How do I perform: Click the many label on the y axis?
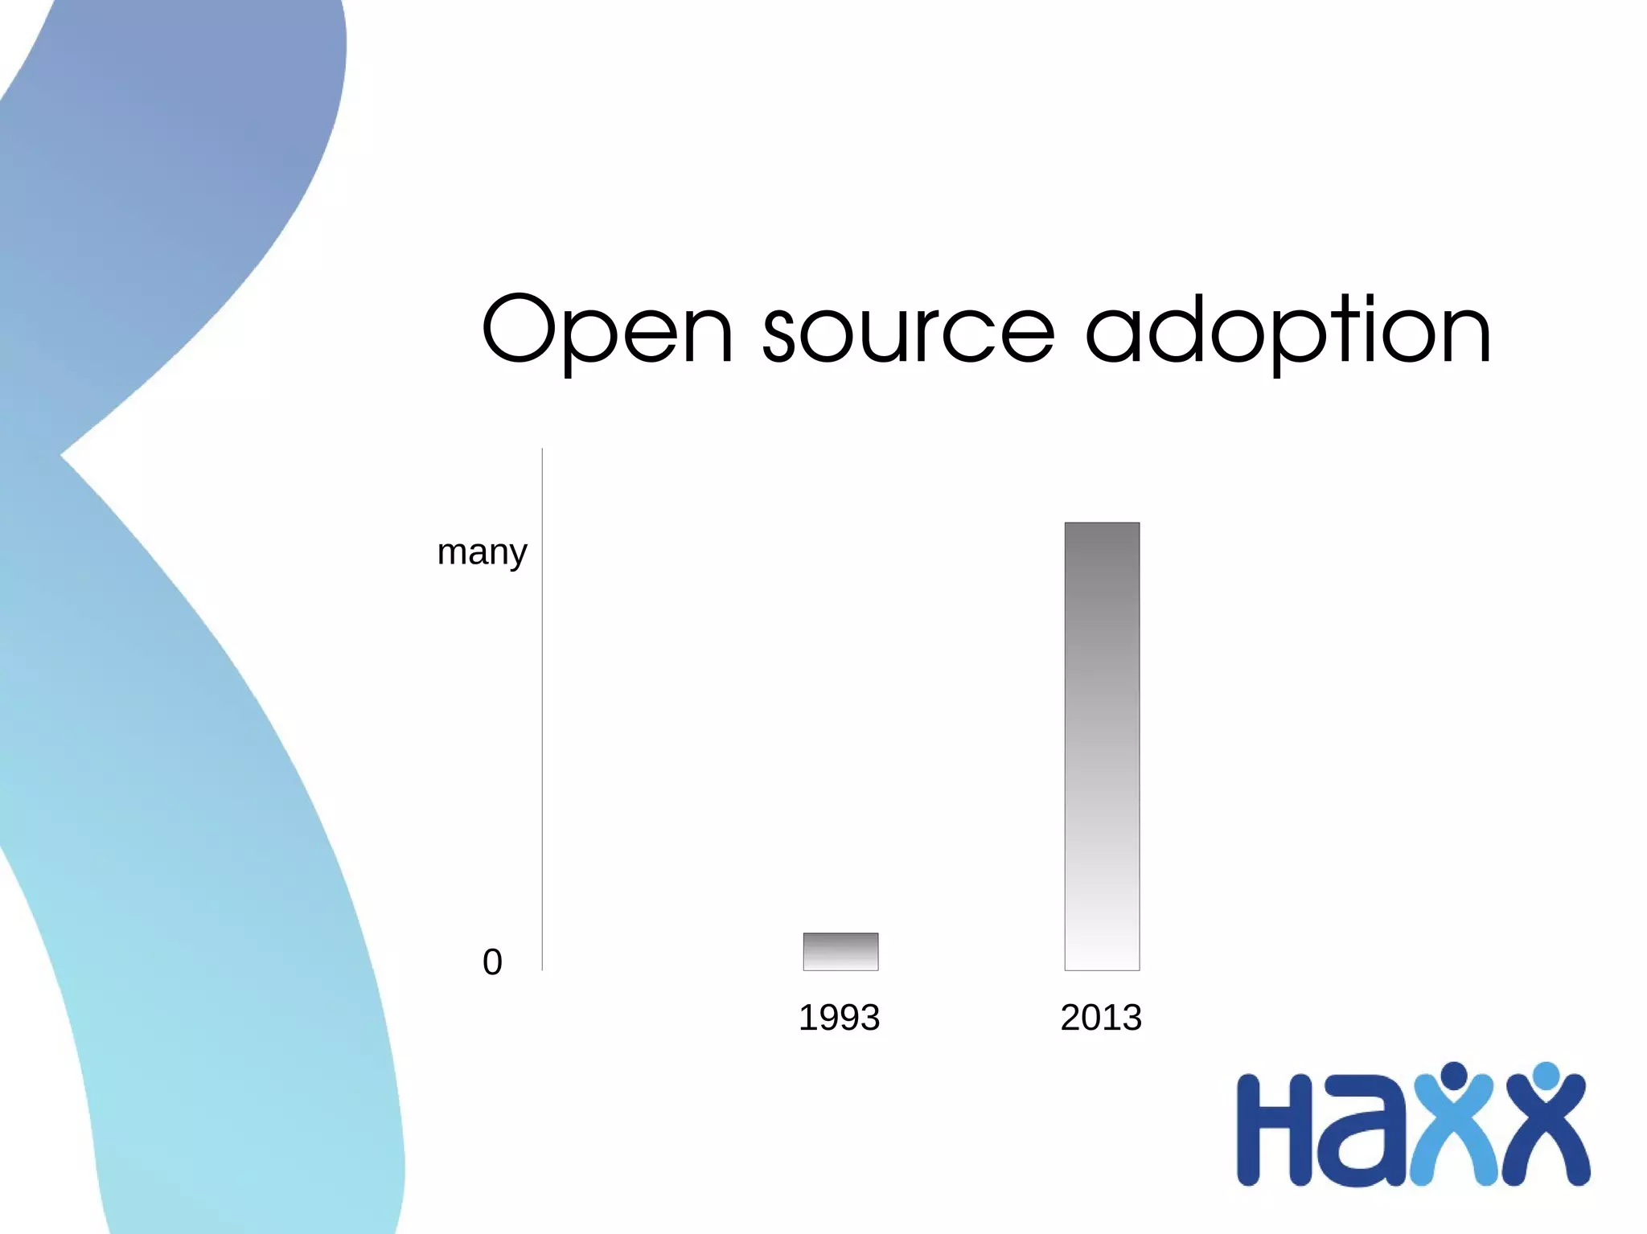click(482, 553)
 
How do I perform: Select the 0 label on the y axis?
click(492, 962)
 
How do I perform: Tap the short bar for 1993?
click(840, 952)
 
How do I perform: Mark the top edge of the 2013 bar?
click(1102, 523)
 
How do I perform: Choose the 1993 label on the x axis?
click(839, 1018)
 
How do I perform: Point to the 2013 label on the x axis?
click(1101, 1018)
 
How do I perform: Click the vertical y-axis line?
click(543, 707)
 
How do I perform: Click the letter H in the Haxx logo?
click(1274, 1129)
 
